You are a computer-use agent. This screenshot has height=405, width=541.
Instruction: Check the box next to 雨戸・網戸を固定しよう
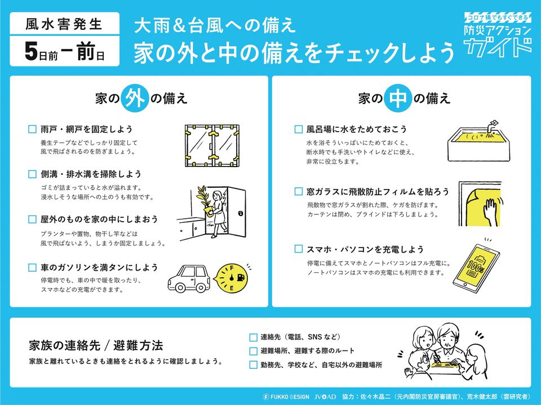pyautogui.click(x=32, y=129)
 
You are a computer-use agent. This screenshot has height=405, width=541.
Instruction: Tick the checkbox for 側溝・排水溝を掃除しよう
pyautogui.click(x=32, y=174)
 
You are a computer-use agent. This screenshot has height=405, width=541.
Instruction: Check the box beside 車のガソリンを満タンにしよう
pyautogui.click(x=32, y=268)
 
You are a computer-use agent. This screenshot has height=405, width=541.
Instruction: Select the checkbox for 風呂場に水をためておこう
pyautogui.click(x=299, y=129)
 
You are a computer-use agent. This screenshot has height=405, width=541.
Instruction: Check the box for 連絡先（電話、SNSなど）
pyautogui.click(x=253, y=337)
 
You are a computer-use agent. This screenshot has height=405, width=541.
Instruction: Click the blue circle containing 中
pyautogui.click(x=401, y=98)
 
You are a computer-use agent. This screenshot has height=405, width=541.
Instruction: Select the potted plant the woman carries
pyautogui.click(x=202, y=200)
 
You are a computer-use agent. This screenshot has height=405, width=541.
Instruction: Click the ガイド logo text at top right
pyautogui.click(x=499, y=46)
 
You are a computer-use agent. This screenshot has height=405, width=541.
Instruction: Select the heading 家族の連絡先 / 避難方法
pyautogui.click(x=96, y=345)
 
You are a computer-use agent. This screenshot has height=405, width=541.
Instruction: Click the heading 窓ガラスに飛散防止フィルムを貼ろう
pyautogui.click(x=378, y=192)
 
